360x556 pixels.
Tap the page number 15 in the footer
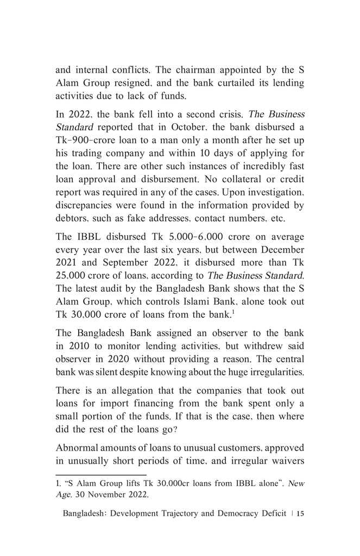(300, 514)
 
